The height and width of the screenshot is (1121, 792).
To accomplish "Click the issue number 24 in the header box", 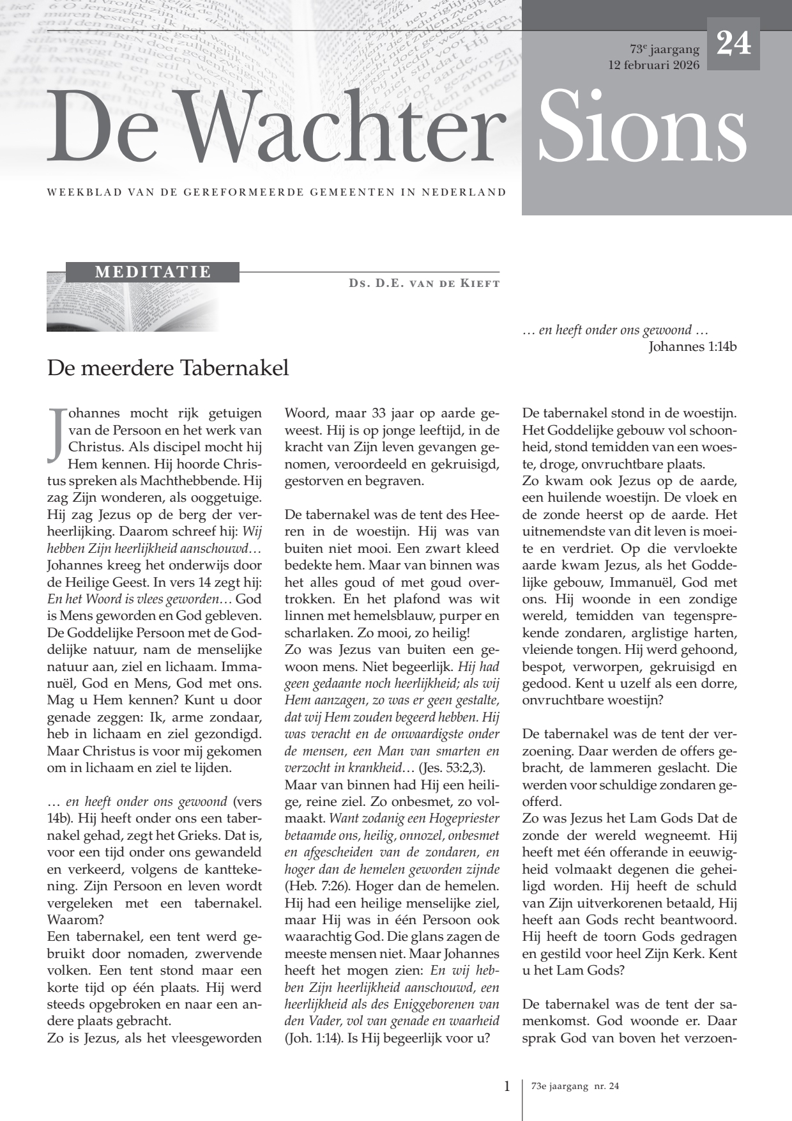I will point(733,44).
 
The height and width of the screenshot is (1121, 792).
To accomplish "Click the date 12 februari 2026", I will point(654,65).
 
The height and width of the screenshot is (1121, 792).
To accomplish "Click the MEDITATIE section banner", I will point(153,272).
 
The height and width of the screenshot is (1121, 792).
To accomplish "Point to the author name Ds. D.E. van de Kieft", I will point(424,283).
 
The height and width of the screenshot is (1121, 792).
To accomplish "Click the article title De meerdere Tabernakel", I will point(168,368).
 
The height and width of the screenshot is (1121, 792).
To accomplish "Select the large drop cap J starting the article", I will point(56,433).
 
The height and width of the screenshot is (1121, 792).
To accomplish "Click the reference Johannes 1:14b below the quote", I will point(692,347).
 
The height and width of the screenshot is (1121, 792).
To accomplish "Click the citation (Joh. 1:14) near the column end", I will point(311,1038).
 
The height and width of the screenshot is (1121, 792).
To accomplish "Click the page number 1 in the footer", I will point(507,1086).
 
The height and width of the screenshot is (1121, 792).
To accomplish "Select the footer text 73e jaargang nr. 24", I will point(575,1086).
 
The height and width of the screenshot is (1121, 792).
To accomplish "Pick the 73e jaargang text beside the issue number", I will point(664,50).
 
